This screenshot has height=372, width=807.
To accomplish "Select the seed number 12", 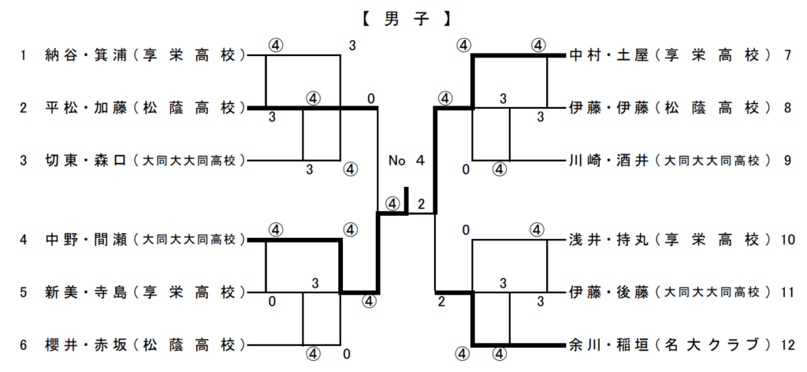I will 787,345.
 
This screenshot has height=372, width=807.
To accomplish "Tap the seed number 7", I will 787,55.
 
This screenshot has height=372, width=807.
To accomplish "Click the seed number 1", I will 24,55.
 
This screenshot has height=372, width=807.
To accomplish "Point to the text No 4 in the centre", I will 407,161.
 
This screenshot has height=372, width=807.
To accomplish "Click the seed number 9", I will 787,161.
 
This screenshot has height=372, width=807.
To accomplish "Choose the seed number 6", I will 24,345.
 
